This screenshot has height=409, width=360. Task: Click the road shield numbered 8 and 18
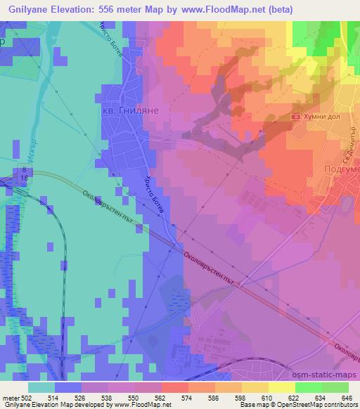click(25, 174)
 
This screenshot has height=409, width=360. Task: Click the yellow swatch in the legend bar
click(281, 387)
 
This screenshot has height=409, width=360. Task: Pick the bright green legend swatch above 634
click(307, 387)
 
